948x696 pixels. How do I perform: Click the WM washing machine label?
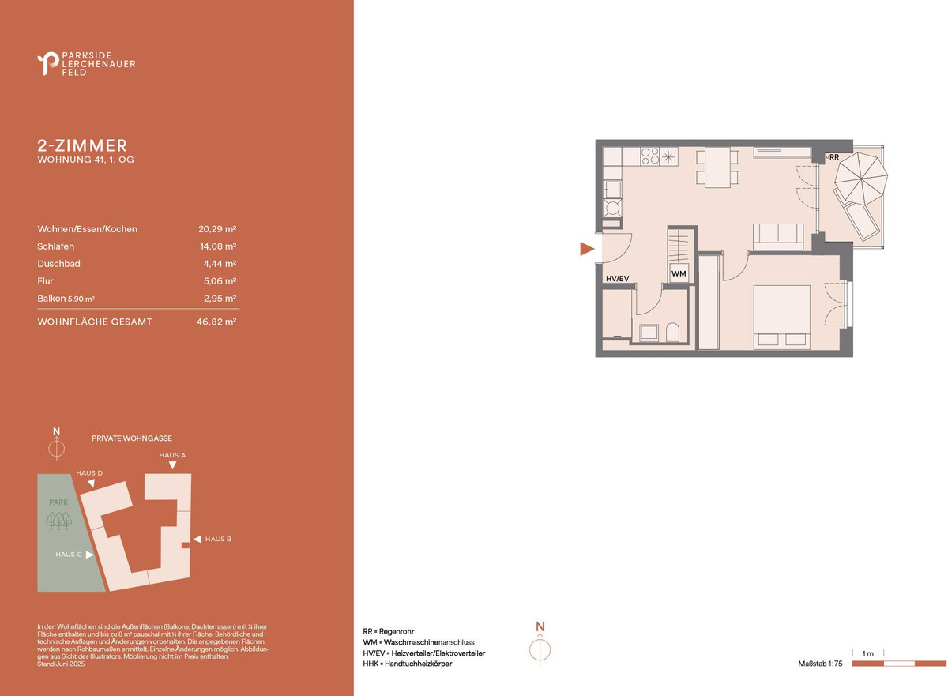(x=679, y=274)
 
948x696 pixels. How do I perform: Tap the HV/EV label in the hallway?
(x=618, y=279)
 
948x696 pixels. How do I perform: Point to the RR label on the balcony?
(x=834, y=157)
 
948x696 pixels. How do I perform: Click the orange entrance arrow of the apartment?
(x=586, y=249)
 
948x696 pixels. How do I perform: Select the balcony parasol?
(x=861, y=179)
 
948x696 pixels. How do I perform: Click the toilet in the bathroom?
(x=672, y=332)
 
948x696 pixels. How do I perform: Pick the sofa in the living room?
(x=778, y=237)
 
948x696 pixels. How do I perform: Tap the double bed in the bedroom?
(x=781, y=318)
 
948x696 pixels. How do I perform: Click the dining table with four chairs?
(x=718, y=167)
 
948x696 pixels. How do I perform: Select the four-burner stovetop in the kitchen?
(x=649, y=156)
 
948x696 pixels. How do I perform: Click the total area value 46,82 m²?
(x=216, y=322)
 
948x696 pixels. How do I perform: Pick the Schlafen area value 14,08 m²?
(x=218, y=246)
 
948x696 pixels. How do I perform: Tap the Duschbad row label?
(x=58, y=264)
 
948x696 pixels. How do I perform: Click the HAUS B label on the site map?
(x=218, y=539)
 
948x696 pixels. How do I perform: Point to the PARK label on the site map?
(x=58, y=502)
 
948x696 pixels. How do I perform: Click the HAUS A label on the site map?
(x=172, y=455)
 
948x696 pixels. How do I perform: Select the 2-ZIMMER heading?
(x=82, y=145)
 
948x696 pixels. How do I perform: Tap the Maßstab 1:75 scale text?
(x=820, y=664)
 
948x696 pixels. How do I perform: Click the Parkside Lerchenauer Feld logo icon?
(x=48, y=63)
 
